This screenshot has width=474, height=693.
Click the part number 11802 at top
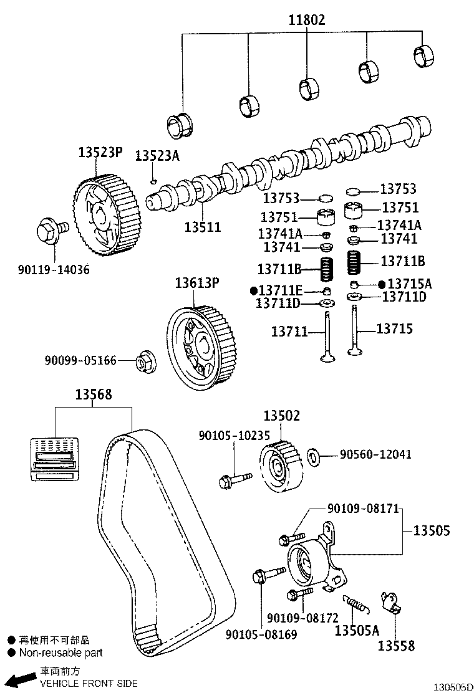[x=306, y=20]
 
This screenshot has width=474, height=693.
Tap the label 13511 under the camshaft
[x=202, y=227]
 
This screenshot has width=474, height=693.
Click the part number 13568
[x=94, y=394]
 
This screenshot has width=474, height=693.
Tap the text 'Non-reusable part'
[x=60, y=653]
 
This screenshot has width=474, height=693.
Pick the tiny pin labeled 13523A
[x=153, y=181]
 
